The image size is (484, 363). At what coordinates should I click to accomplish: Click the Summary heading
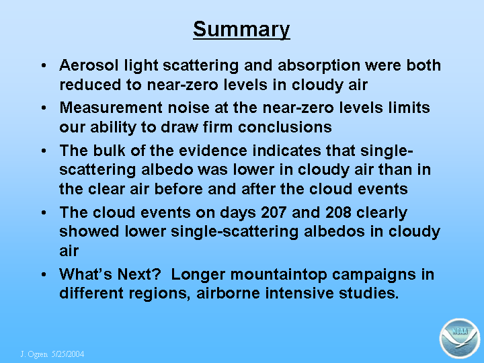click(241, 30)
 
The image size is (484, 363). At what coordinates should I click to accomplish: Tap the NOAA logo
click(460, 338)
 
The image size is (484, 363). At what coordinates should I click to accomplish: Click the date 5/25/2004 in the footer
click(68, 354)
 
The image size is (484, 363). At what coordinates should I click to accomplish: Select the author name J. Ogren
click(34, 354)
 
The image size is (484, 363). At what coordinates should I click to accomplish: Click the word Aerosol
click(89, 65)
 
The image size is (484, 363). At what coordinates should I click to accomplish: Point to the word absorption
click(319, 66)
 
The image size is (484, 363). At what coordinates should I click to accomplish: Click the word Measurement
click(111, 108)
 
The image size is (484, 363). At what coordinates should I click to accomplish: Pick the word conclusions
click(285, 127)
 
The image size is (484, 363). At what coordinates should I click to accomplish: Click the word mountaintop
click(279, 275)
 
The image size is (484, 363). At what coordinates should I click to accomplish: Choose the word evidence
click(213, 151)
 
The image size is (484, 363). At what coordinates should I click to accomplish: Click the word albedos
click(334, 231)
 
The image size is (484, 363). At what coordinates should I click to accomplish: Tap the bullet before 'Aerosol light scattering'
click(44, 65)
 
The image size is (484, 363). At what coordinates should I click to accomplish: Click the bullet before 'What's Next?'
click(44, 274)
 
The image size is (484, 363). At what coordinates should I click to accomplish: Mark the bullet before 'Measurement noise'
click(44, 108)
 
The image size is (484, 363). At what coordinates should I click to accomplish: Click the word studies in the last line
click(369, 293)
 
